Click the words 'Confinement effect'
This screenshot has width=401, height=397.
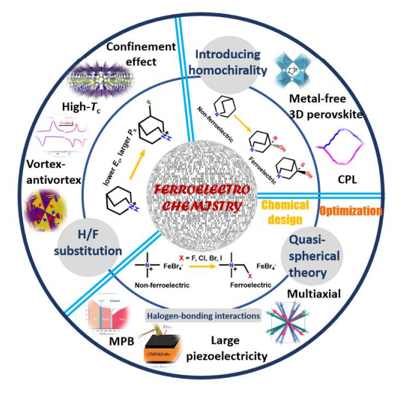point(141,54)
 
